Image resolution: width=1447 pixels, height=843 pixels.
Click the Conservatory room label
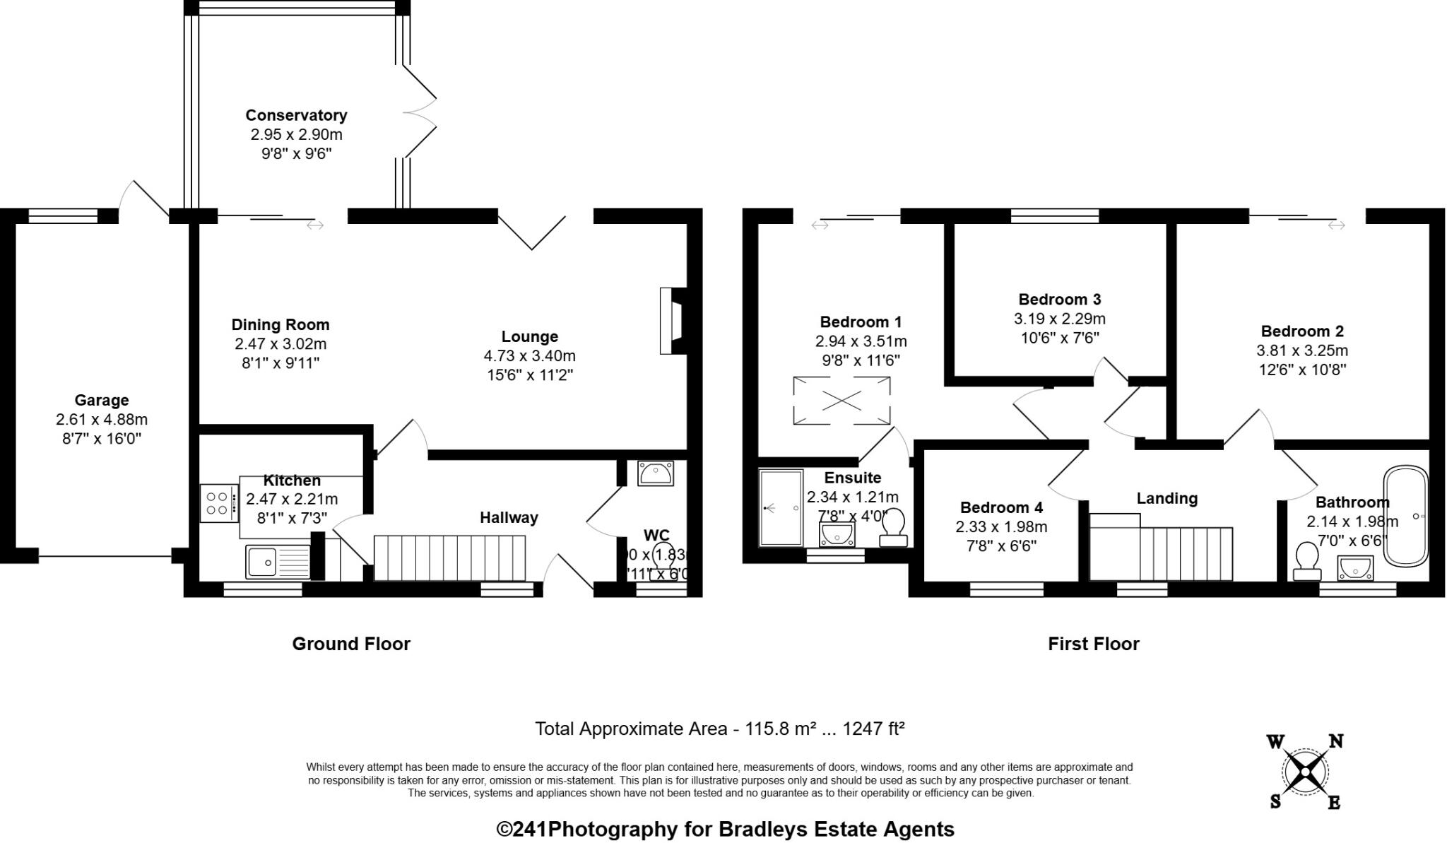(296, 115)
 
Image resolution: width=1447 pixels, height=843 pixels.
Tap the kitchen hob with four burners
(218, 502)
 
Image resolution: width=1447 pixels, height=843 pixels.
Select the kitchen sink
(278, 562)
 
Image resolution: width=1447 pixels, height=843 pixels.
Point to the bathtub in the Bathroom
(1405, 515)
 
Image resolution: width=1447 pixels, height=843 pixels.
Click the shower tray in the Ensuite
(781, 508)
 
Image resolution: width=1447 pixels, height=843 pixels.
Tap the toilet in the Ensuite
(894, 527)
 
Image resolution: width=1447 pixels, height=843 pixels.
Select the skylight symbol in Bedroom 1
(841, 401)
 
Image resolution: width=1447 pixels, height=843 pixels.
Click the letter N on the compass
(1335, 741)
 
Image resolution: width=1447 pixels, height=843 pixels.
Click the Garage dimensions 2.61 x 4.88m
(102, 420)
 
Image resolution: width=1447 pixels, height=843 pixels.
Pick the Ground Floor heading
(351, 644)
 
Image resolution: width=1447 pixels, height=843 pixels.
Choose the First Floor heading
(1093, 644)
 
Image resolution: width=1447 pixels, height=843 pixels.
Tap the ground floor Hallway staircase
(449, 558)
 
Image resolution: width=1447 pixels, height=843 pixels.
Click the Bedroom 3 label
(1059, 300)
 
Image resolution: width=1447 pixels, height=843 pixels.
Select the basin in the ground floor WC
(656, 473)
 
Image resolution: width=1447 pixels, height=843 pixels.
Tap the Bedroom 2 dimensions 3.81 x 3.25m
(1301, 350)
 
